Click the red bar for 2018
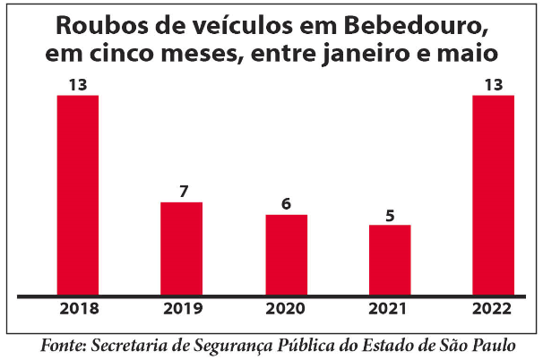(78, 194)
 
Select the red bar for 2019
(181, 248)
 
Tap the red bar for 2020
(286, 254)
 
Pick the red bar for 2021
(390, 259)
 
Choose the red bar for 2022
(494, 194)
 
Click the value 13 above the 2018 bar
(78, 86)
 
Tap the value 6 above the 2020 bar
(286, 204)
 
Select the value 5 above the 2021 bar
(390, 215)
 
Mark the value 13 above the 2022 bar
(494, 86)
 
